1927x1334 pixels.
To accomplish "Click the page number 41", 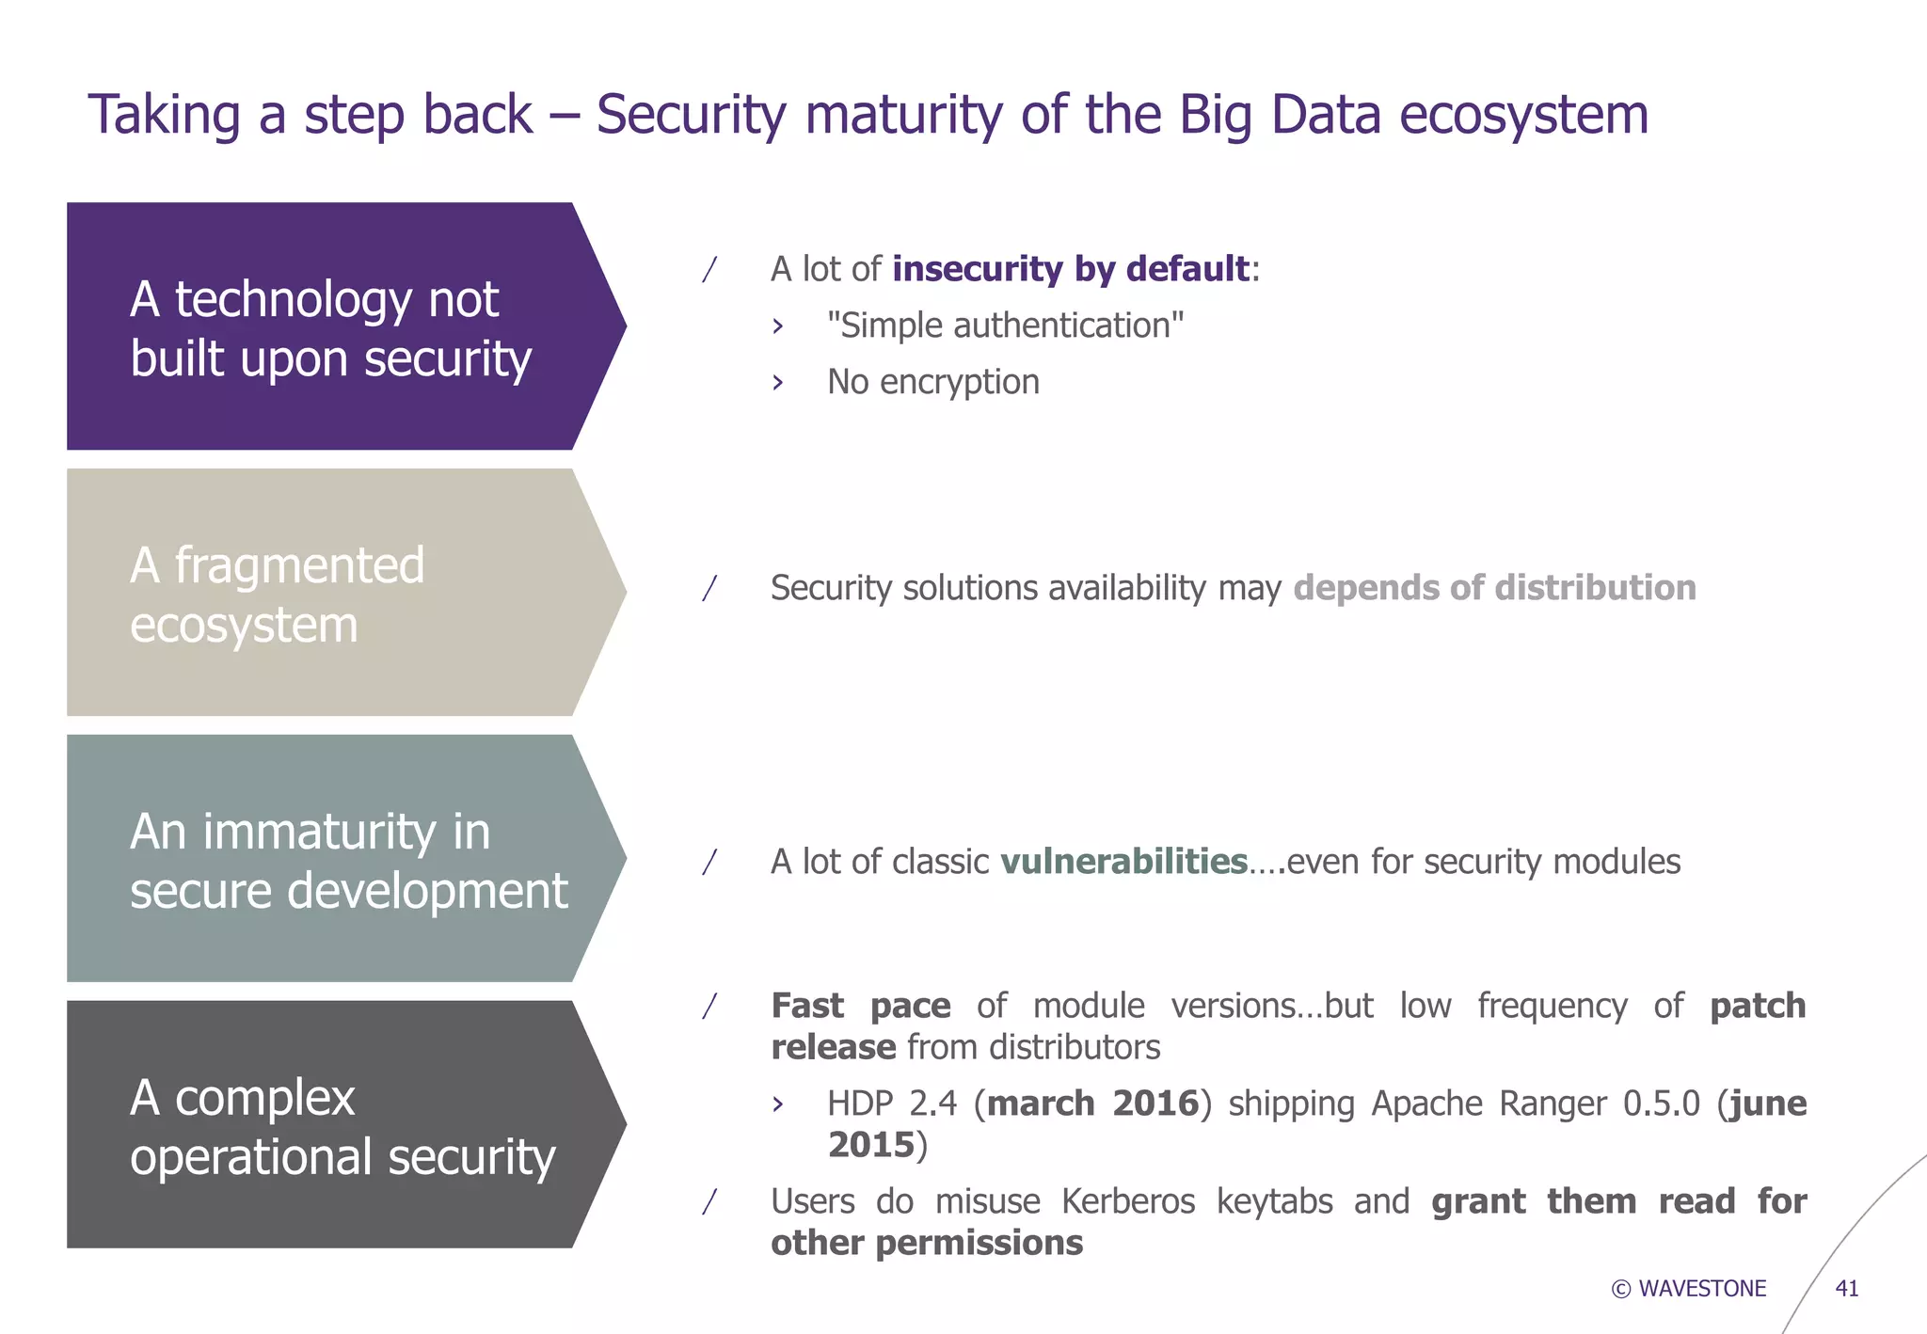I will tap(1846, 1289).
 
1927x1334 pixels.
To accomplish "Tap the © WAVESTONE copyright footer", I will tap(1689, 1289).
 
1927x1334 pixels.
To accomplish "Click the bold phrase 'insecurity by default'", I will tap(1071, 269).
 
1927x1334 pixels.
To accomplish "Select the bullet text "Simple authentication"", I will tap(1004, 326).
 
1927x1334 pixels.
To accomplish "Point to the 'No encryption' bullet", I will tap(932, 382).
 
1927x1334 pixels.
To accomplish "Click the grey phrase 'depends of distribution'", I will tap(1494, 588).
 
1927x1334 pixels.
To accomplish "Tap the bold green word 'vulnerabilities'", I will tap(1123, 862).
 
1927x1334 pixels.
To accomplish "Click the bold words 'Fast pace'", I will tap(860, 1006).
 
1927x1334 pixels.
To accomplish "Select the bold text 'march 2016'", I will tap(1092, 1104).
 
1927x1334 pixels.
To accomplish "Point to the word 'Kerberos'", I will tap(1127, 1201).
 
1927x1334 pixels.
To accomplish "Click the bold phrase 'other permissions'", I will tap(927, 1243).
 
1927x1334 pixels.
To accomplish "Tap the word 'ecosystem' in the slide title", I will tap(1523, 115).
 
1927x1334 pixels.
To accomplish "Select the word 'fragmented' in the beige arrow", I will tap(299, 565).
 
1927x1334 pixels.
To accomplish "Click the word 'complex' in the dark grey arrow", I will tap(264, 1098).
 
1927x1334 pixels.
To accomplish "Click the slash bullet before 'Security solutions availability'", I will tap(710, 588).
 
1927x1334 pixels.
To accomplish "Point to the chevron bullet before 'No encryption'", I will tap(777, 383).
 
